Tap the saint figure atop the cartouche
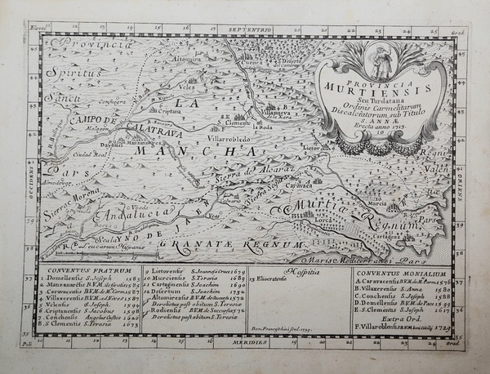(376, 62)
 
